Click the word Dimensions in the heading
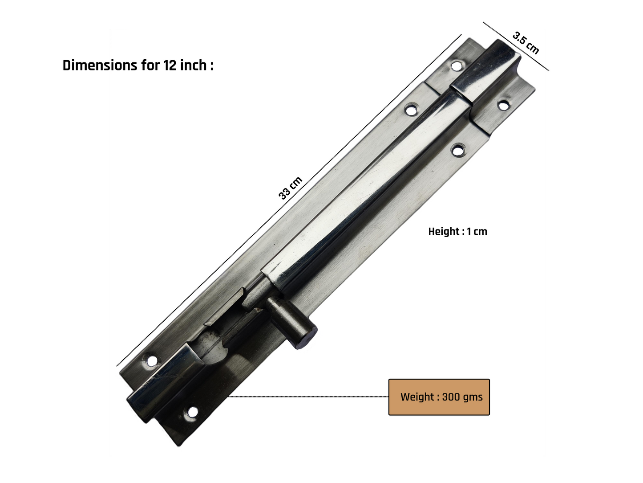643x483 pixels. click(x=100, y=65)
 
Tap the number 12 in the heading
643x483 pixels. click(x=170, y=65)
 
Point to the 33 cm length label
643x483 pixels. click(x=290, y=188)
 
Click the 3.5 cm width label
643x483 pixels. click(x=526, y=43)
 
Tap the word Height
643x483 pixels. click(x=444, y=232)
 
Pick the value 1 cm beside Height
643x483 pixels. click(x=477, y=232)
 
